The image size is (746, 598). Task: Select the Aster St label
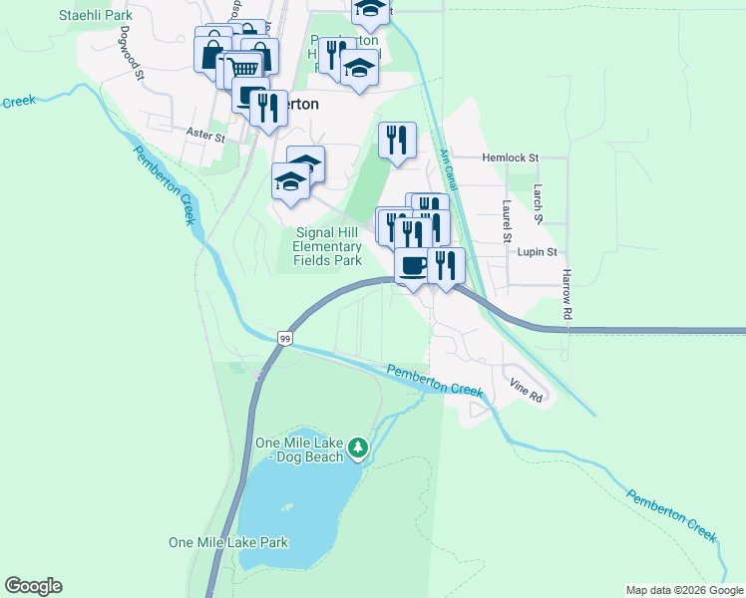click(204, 132)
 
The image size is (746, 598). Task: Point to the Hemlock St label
click(510, 157)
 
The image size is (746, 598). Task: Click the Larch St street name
click(537, 203)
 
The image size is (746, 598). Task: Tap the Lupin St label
click(537, 252)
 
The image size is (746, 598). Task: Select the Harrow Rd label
click(566, 293)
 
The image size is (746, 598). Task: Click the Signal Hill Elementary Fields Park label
click(327, 246)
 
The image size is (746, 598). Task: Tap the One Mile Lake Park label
click(228, 542)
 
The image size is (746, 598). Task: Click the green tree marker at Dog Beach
click(358, 448)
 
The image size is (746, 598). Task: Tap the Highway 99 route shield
click(285, 340)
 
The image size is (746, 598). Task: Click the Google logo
click(33, 586)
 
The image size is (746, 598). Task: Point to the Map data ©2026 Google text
click(683, 590)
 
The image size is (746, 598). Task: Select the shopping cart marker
click(244, 68)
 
